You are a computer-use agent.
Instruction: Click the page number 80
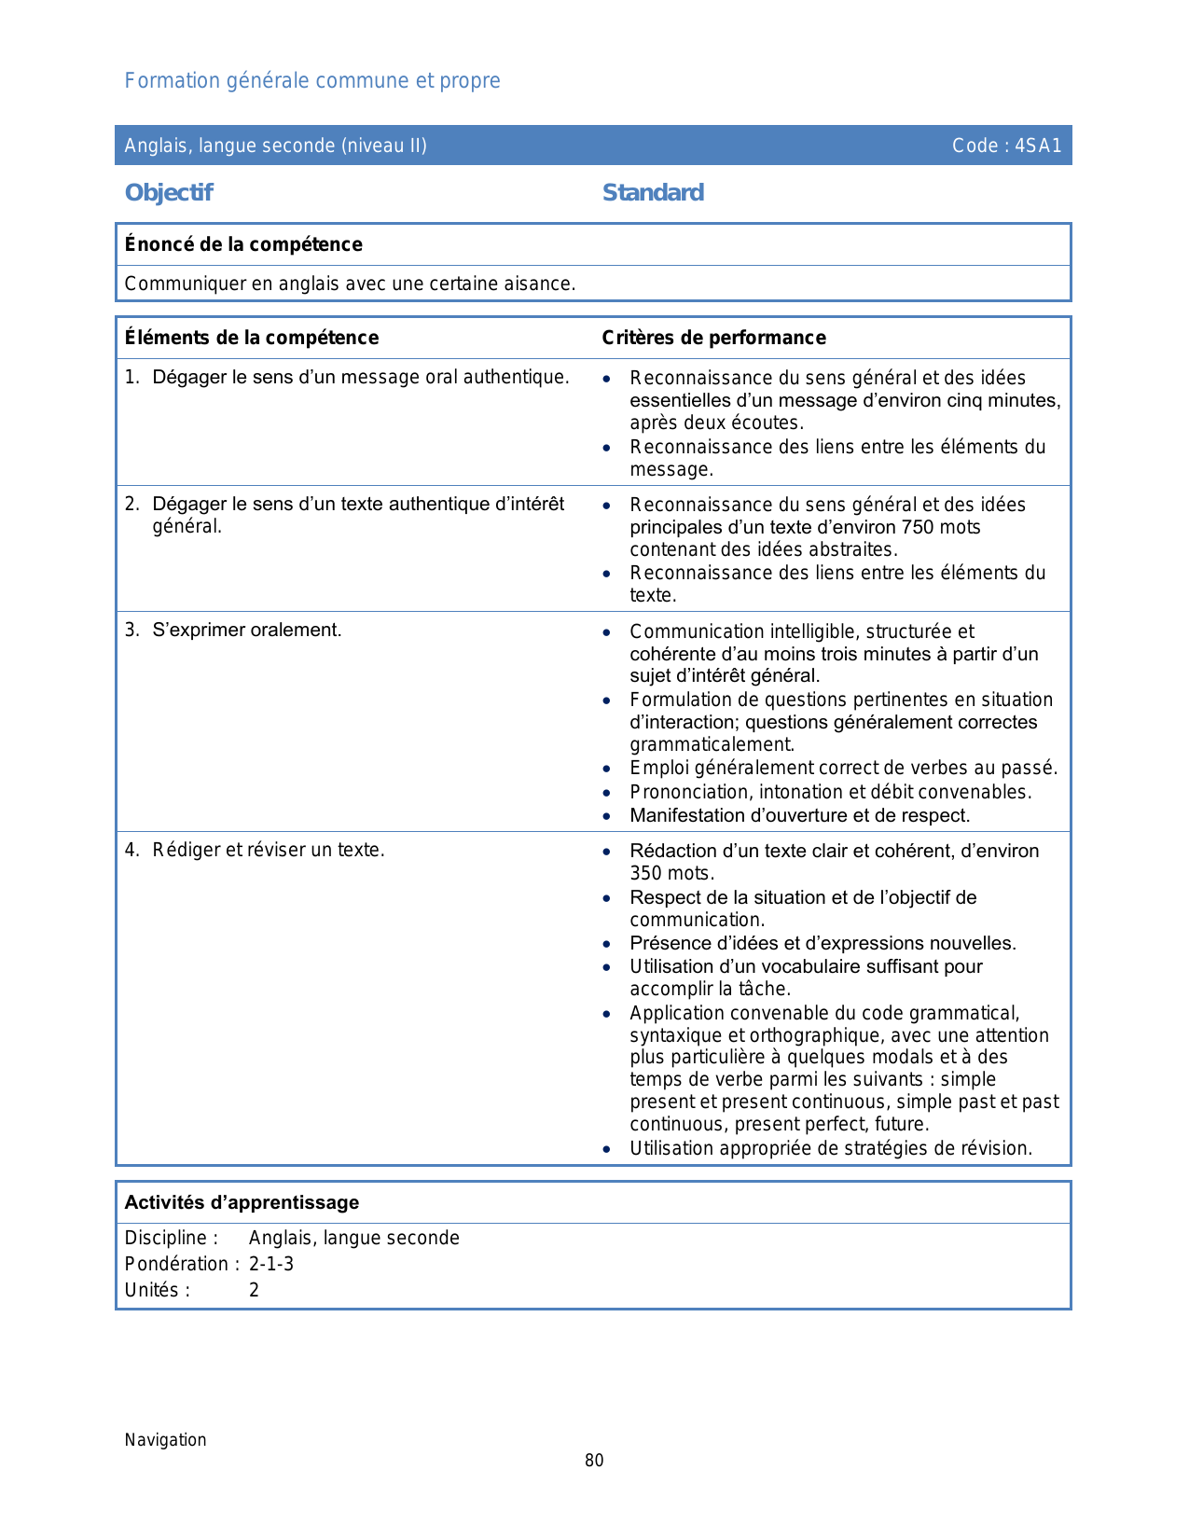pyautogui.click(x=594, y=1461)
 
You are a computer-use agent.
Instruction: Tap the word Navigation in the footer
pyautogui.click(x=166, y=1439)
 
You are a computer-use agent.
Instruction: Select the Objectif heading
pyautogui.click(x=169, y=192)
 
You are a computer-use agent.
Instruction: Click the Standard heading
pyautogui.click(x=653, y=192)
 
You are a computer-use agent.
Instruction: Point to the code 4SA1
pyautogui.click(x=1038, y=146)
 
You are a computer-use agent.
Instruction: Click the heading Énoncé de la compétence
pyautogui.click(x=243, y=244)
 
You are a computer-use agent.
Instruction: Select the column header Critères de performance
pyautogui.click(x=713, y=338)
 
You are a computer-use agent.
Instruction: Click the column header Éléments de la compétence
pyautogui.click(x=252, y=338)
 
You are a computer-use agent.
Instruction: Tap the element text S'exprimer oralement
pyautogui.click(x=247, y=630)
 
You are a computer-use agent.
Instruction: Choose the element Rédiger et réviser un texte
pyautogui.click(x=269, y=850)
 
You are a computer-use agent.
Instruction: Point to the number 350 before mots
pyautogui.click(x=645, y=873)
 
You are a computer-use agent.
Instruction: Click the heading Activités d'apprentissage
pyautogui.click(x=242, y=1202)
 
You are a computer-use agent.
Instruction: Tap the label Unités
pyautogui.click(x=157, y=1290)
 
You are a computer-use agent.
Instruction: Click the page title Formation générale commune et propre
pyautogui.click(x=312, y=81)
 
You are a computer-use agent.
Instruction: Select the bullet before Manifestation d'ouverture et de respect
pyautogui.click(x=607, y=816)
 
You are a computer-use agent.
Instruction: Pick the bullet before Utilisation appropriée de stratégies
pyautogui.click(x=607, y=1149)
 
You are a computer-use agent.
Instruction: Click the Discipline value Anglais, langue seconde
pyautogui.click(x=353, y=1238)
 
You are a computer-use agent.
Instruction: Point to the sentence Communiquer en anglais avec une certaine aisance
pyautogui.click(x=350, y=284)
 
